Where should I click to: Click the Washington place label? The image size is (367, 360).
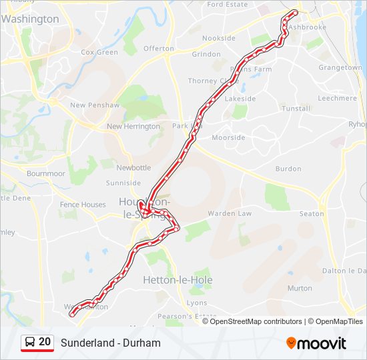30,19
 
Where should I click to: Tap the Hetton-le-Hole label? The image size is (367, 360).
177,281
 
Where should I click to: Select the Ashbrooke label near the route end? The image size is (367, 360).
308,27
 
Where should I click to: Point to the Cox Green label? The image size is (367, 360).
99,52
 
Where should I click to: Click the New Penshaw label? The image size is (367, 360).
94,105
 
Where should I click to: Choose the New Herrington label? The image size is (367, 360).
133,127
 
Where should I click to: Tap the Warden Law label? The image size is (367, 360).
230,214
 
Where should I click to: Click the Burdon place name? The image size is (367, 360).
288,169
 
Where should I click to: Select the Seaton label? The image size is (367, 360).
311,214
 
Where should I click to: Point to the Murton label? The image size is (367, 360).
299,289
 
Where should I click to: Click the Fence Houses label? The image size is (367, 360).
83,205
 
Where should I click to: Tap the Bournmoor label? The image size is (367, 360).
46,174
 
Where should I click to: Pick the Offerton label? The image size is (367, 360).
158,49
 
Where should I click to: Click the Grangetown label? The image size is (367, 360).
340,68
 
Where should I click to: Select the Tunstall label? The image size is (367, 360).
296,108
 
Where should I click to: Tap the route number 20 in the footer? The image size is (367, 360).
45,342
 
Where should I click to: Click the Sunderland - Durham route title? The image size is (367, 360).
111,343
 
